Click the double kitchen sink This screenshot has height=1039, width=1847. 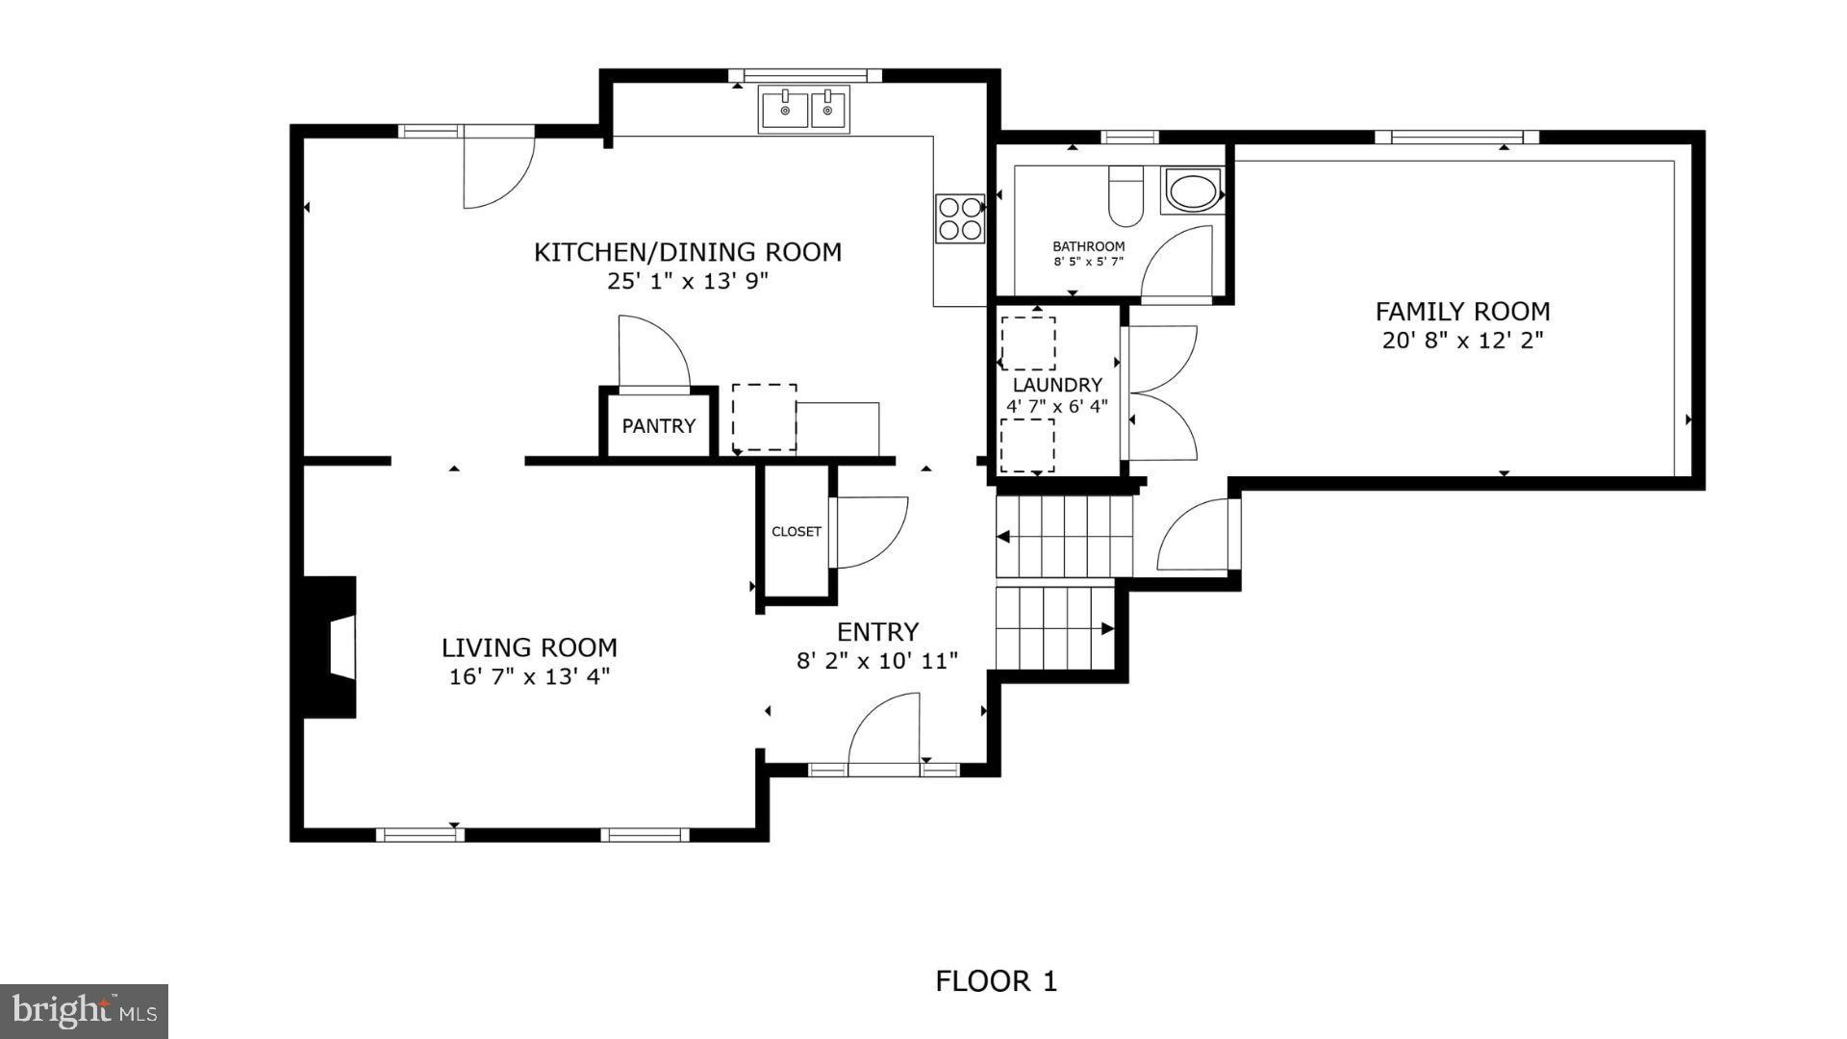tap(803, 109)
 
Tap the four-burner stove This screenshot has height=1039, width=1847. tap(959, 218)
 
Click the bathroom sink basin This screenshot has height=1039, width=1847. tap(1193, 190)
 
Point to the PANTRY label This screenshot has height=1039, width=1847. tap(658, 426)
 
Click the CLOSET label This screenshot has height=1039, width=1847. tap(796, 531)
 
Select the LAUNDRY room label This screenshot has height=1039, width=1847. tap(1056, 385)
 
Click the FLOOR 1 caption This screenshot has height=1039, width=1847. tap(996, 981)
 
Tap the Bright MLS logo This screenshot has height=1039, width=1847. tap(85, 1011)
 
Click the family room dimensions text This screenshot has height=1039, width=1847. tap(1462, 341)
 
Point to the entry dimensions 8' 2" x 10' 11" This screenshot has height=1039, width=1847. tap(876, 661)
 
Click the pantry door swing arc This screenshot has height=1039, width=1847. tap(652, 351)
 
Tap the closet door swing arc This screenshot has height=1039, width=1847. tap(870, 531)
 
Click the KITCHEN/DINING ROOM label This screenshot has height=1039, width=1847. tap(687, 252)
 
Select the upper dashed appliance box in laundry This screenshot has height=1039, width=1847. tap(1027, 342)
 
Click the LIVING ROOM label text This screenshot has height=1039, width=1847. tap(529, 647)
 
